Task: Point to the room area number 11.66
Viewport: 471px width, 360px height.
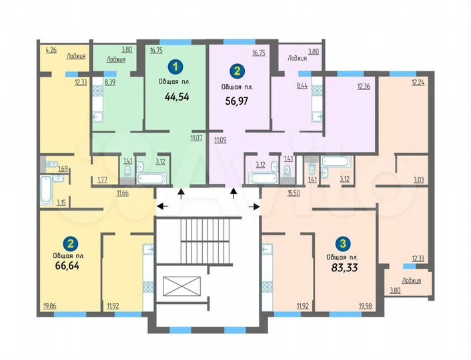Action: click(122, 193)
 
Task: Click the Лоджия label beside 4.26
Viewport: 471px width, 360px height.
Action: click(77, 57)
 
